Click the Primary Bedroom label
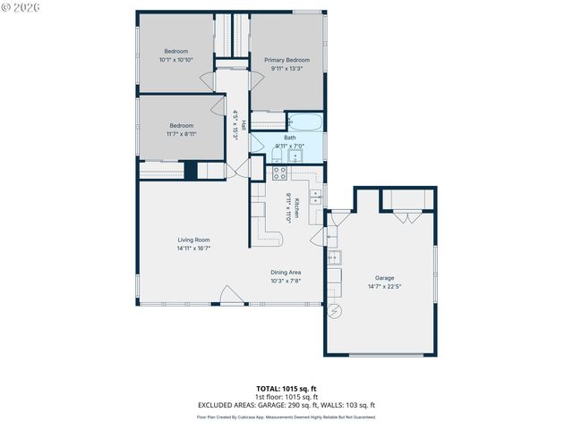pos(286,59)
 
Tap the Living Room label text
pos(193,240)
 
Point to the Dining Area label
pos(286,272)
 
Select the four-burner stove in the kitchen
pos(278,172)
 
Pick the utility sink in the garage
pos(333,258)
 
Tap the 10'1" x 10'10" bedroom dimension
pos(176,60)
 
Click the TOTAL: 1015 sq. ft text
pos(286,388)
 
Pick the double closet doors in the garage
pos(408,215)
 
